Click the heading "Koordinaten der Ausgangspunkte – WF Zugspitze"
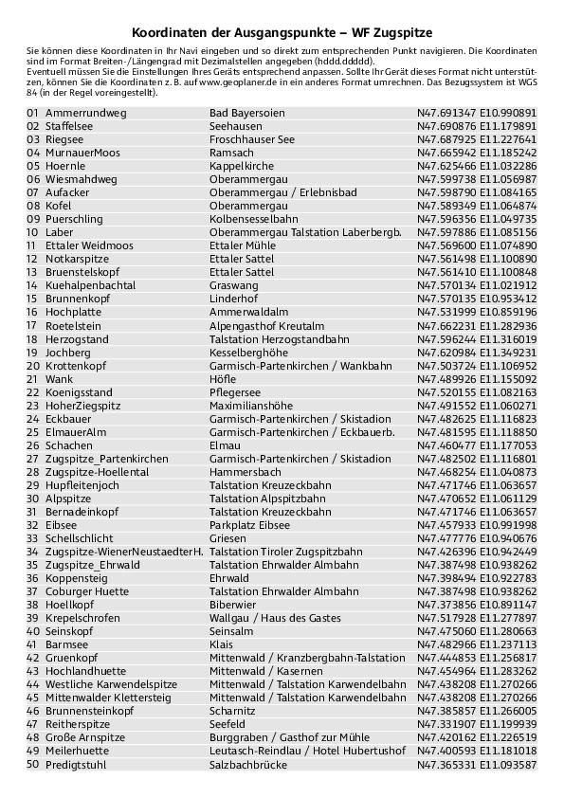click(282, 32)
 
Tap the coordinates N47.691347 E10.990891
click(477, 112)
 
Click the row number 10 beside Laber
click(32, 232)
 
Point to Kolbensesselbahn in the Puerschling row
click(248, 219)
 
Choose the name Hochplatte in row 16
click(73, 312)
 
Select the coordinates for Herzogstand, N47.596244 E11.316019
click(477, 338)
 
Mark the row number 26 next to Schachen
click(32, 444)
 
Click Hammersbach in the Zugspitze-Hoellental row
click(245, 471)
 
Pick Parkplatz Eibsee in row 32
click(249, 524)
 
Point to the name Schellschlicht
click(80, 537)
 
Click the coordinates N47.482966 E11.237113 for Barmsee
click(477, 644)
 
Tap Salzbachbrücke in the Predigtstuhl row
click(247, 763)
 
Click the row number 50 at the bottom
click(32, 763)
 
